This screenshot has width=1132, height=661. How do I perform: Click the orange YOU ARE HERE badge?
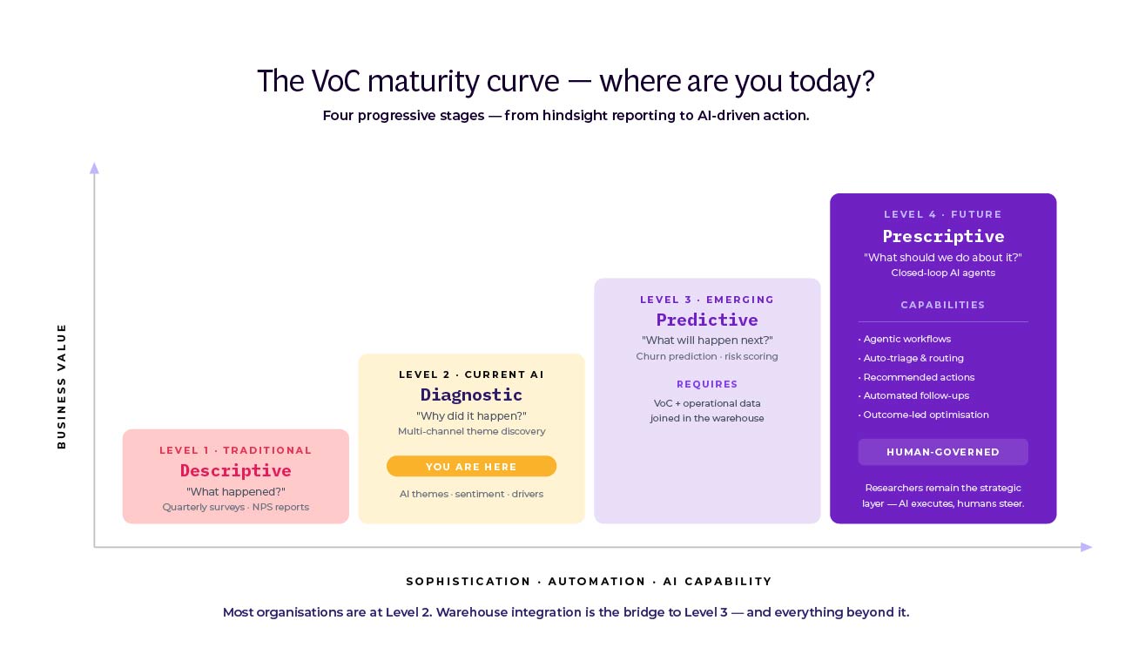471,467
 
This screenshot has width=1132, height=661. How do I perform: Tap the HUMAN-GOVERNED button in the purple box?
942,452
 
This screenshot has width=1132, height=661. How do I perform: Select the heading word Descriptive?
235,470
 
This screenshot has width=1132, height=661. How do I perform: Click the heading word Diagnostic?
471,395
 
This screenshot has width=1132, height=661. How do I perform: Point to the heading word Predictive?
706,320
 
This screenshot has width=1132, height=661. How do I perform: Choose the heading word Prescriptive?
943,236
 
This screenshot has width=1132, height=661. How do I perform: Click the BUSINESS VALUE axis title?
62,386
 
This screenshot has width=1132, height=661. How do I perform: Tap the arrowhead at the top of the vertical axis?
94,168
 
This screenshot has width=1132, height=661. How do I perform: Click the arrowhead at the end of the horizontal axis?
1085,547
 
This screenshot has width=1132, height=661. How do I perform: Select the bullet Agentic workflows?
906,339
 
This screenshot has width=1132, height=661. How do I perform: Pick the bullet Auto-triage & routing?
913,358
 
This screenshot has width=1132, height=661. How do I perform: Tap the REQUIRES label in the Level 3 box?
707,384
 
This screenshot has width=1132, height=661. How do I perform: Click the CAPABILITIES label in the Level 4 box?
942,305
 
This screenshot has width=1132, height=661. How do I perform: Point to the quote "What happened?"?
235,492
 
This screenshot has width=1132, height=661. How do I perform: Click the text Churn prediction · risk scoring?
706,356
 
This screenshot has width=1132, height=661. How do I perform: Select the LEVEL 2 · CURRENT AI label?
471,374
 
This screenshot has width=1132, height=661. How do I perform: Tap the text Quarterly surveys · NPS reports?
235,507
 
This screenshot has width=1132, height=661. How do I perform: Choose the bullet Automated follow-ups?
915,395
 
